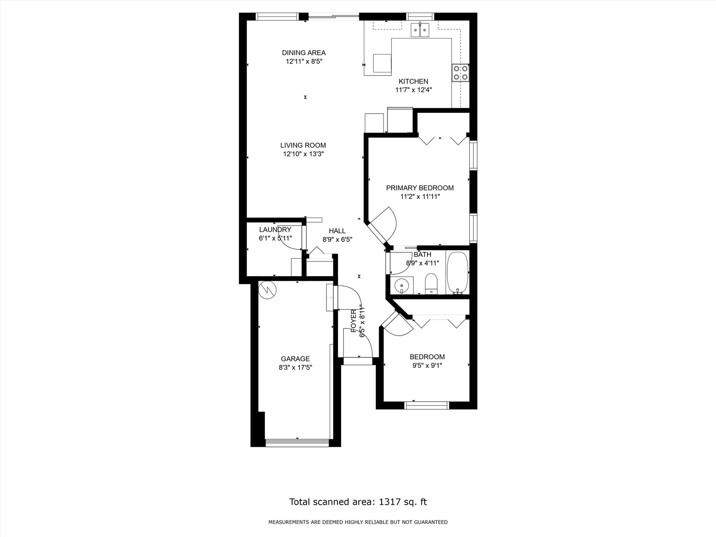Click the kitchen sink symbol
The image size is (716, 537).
(420, 30)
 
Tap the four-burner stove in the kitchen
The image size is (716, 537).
(460, 72)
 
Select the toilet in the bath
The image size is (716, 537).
(431, 284)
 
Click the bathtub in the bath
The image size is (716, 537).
(457, 273)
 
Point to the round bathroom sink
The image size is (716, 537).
(402, 285)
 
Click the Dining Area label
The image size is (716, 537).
(303, 53)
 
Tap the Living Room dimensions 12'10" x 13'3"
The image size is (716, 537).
(303, 154)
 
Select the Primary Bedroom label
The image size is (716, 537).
(420, 188)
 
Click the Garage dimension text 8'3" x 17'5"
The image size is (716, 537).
(295, 367)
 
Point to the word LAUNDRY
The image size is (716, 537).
(275, 230)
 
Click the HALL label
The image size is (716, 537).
(337, 231)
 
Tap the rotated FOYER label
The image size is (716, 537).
(354, 321)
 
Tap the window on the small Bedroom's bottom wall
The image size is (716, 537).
(426, 405)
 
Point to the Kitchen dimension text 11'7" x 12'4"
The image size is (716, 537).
(413, 90)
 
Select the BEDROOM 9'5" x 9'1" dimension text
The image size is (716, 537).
(427, 366)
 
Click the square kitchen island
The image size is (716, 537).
(382, 63)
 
